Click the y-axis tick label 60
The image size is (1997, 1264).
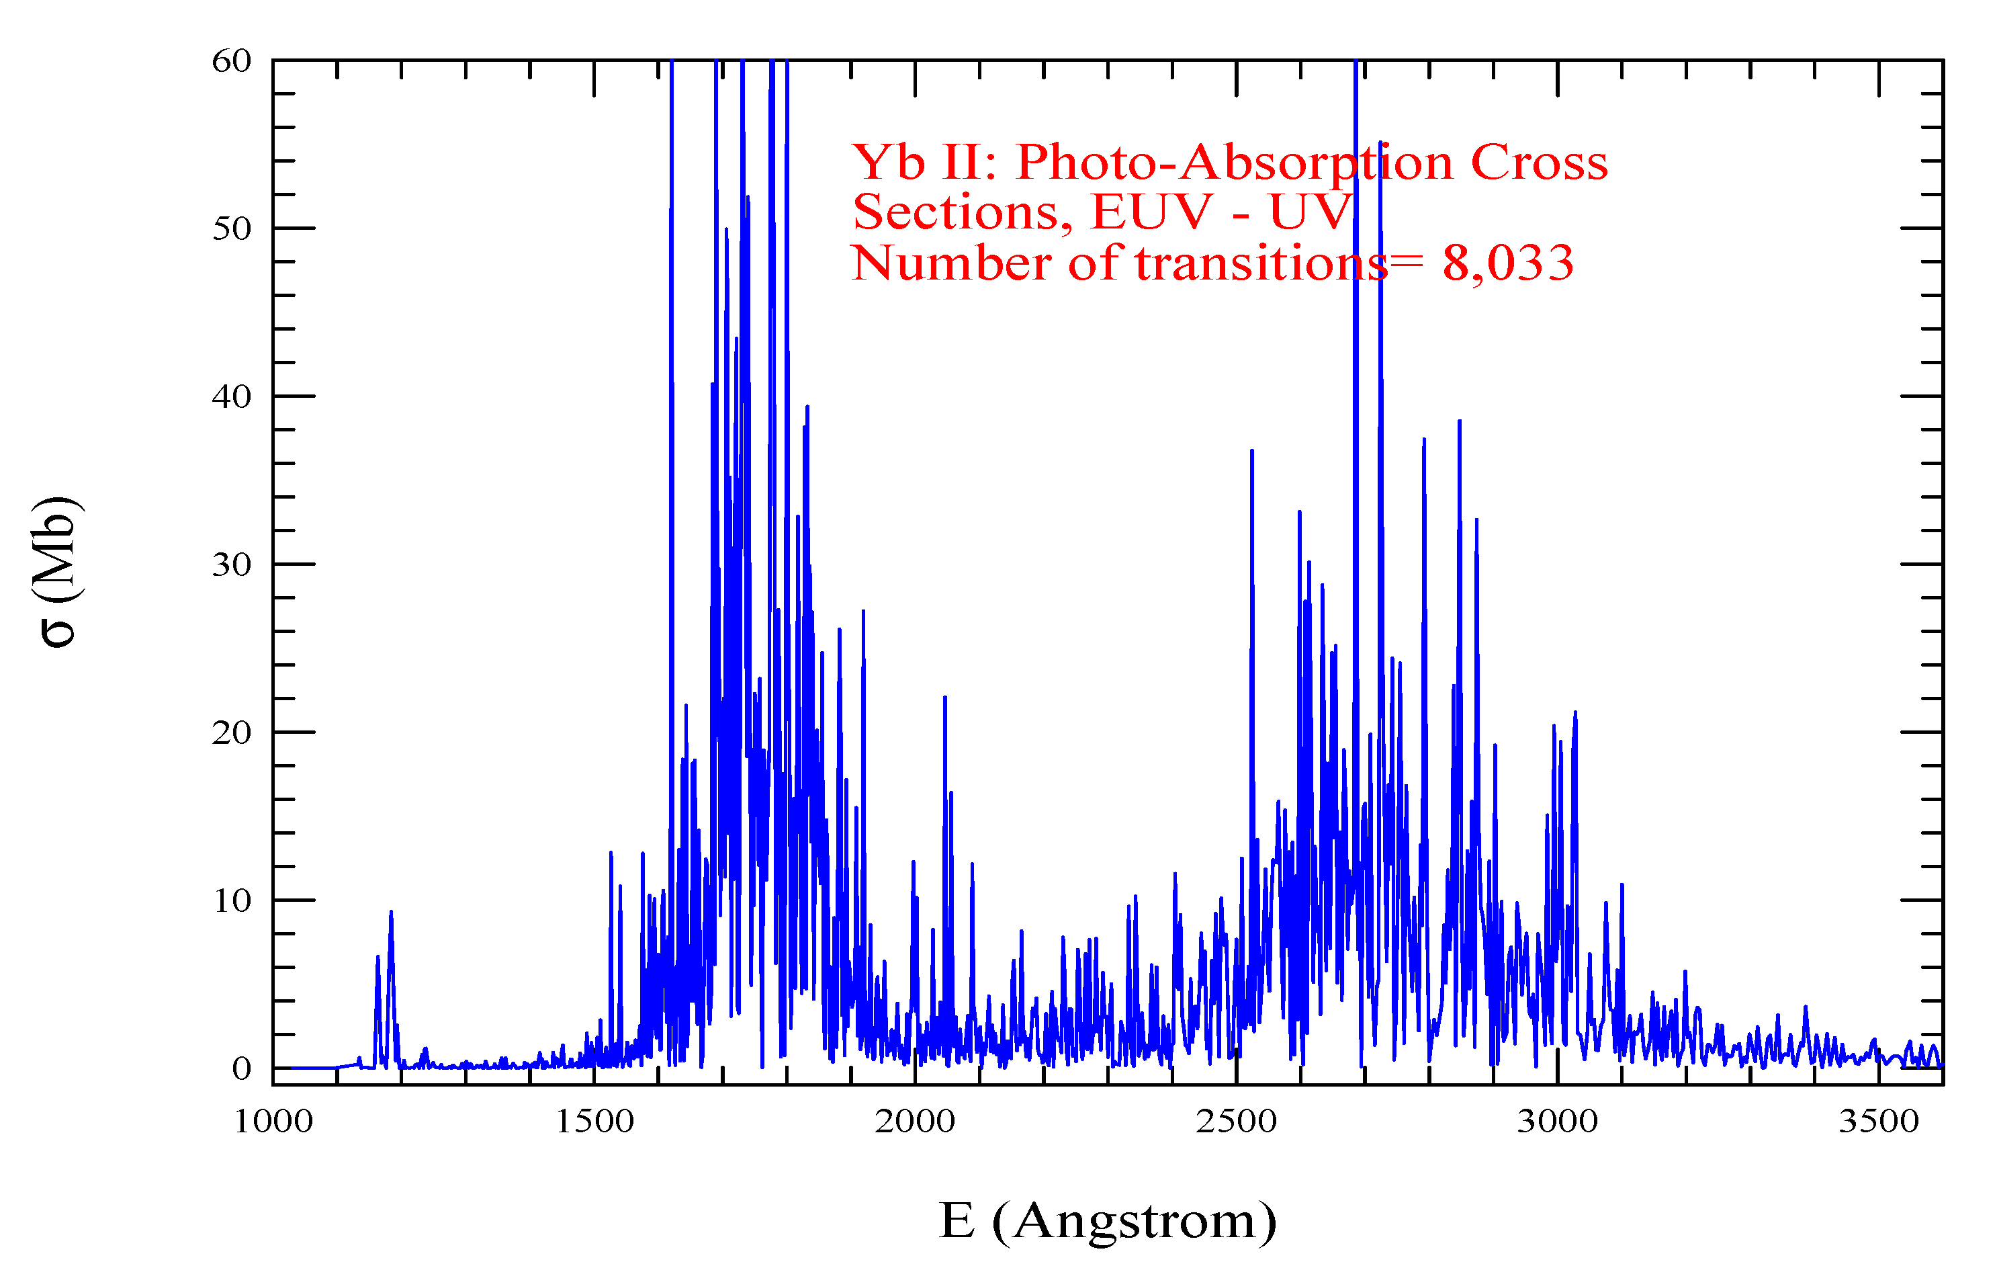(x=231, y=61)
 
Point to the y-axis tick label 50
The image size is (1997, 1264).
(x=231, y=229)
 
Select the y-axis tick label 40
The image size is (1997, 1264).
(x=231, y=397)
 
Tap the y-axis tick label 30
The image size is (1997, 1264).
(x=231, y=565)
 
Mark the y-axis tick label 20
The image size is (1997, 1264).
(x=231, y=733)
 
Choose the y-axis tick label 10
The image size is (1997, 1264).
(x=231, y=900)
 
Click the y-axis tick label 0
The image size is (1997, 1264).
(x=241, y=1069)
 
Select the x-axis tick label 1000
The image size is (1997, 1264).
(x=273, y=1122)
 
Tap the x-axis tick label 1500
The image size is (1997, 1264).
(x=594, y=1122)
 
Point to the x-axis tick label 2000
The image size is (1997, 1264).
(x=915, y=1122)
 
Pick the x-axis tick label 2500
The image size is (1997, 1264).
(x=1236, y=1122)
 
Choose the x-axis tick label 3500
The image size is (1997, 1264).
(x=1878, y=1122)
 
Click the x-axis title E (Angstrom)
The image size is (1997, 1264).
(x=1107, y=1222)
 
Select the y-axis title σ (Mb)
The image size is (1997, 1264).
(x=56, y=573)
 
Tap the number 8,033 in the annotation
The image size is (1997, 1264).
(x=1508, y=263)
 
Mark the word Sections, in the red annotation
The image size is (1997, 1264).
(x=963, y=213)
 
